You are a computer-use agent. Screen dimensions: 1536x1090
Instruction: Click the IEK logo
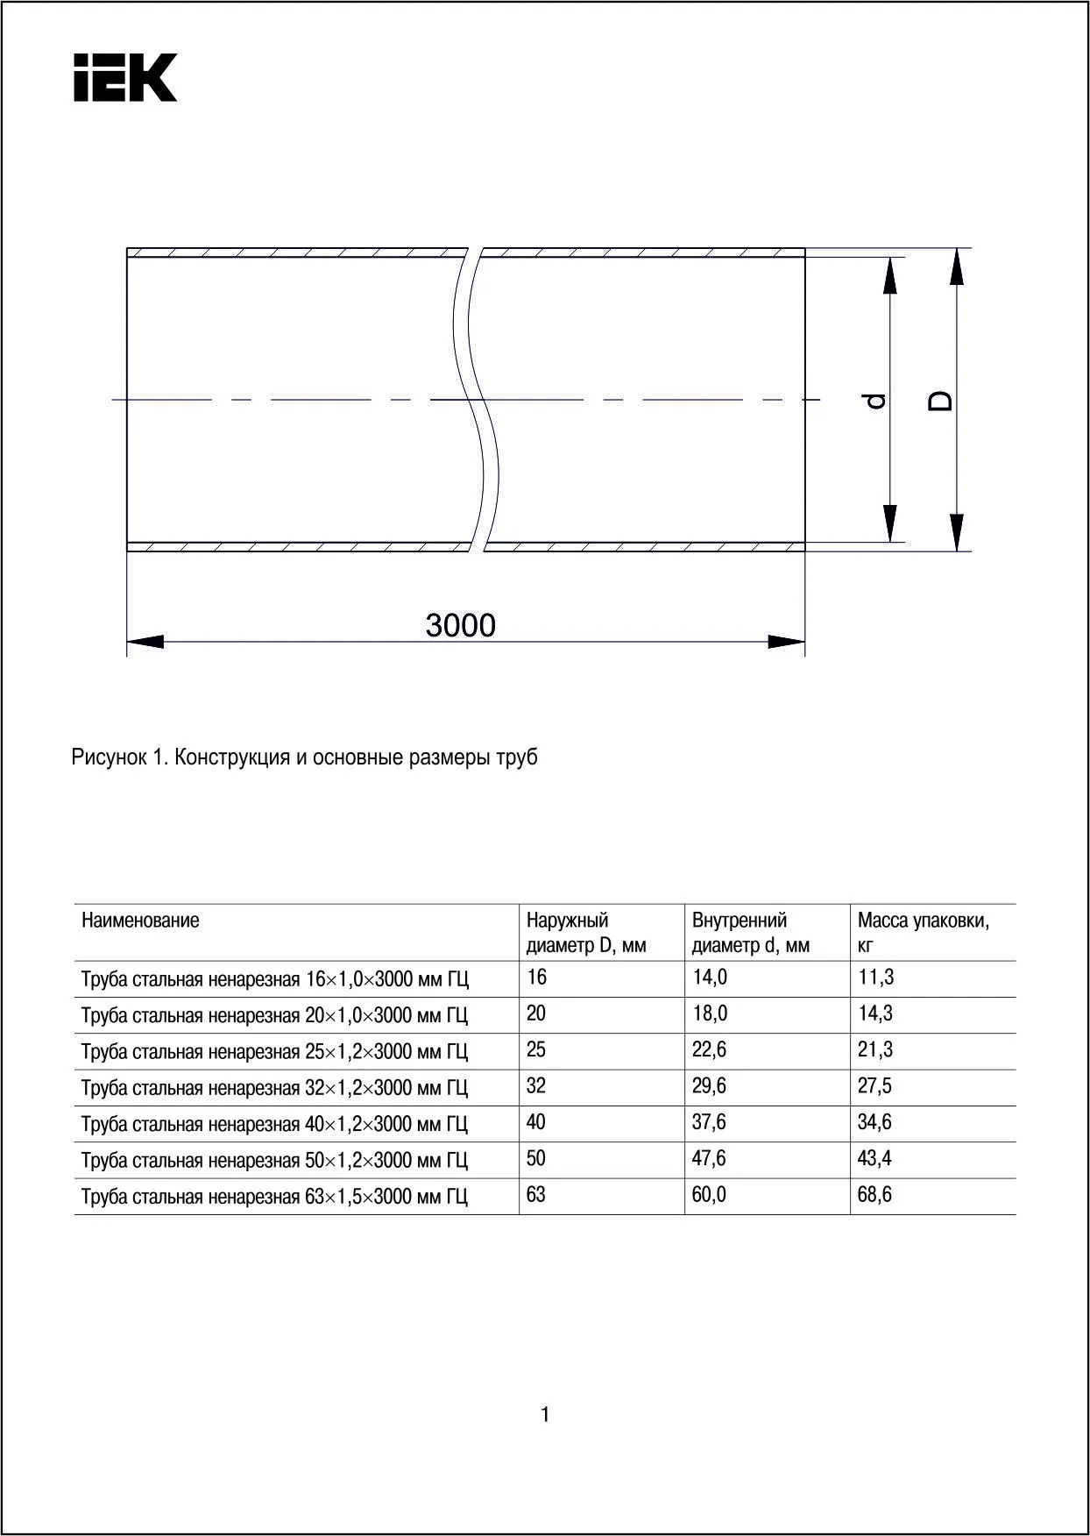point(125,78)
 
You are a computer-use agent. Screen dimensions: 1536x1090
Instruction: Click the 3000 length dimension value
point(460,625)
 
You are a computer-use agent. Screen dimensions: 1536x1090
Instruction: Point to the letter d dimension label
point(875,401)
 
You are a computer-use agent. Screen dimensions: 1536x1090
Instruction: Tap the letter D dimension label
point(941,401)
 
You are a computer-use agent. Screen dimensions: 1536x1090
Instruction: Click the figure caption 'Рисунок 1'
point(304,757)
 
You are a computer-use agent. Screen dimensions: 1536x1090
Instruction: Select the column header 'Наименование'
point(140,920)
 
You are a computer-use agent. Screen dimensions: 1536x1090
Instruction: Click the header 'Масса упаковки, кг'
point(923,932)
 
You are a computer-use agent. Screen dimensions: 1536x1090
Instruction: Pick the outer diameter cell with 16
point(536,977)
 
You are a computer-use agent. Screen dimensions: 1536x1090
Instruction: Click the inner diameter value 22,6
point(709,1049)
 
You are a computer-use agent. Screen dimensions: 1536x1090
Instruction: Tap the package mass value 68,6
point(874,1194)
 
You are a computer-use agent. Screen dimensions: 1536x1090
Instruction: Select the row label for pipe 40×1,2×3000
point(274,1124)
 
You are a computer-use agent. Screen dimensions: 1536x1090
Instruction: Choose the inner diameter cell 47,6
point(709,1158)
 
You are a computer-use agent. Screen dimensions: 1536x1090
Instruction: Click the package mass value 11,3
point(875,977)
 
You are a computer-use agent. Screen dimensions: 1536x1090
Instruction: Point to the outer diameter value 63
point(536,1194)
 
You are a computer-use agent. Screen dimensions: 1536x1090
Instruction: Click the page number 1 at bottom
point(545,1414)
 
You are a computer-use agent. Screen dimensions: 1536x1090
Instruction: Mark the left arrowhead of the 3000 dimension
point(145,641)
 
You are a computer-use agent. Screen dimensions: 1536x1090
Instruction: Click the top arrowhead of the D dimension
point(958,267)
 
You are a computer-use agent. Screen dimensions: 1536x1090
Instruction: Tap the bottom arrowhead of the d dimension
point(890,523)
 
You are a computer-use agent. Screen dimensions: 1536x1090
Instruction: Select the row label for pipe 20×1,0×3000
point(274,1015)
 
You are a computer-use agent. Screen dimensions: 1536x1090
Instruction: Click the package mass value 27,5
point(874,1085)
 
